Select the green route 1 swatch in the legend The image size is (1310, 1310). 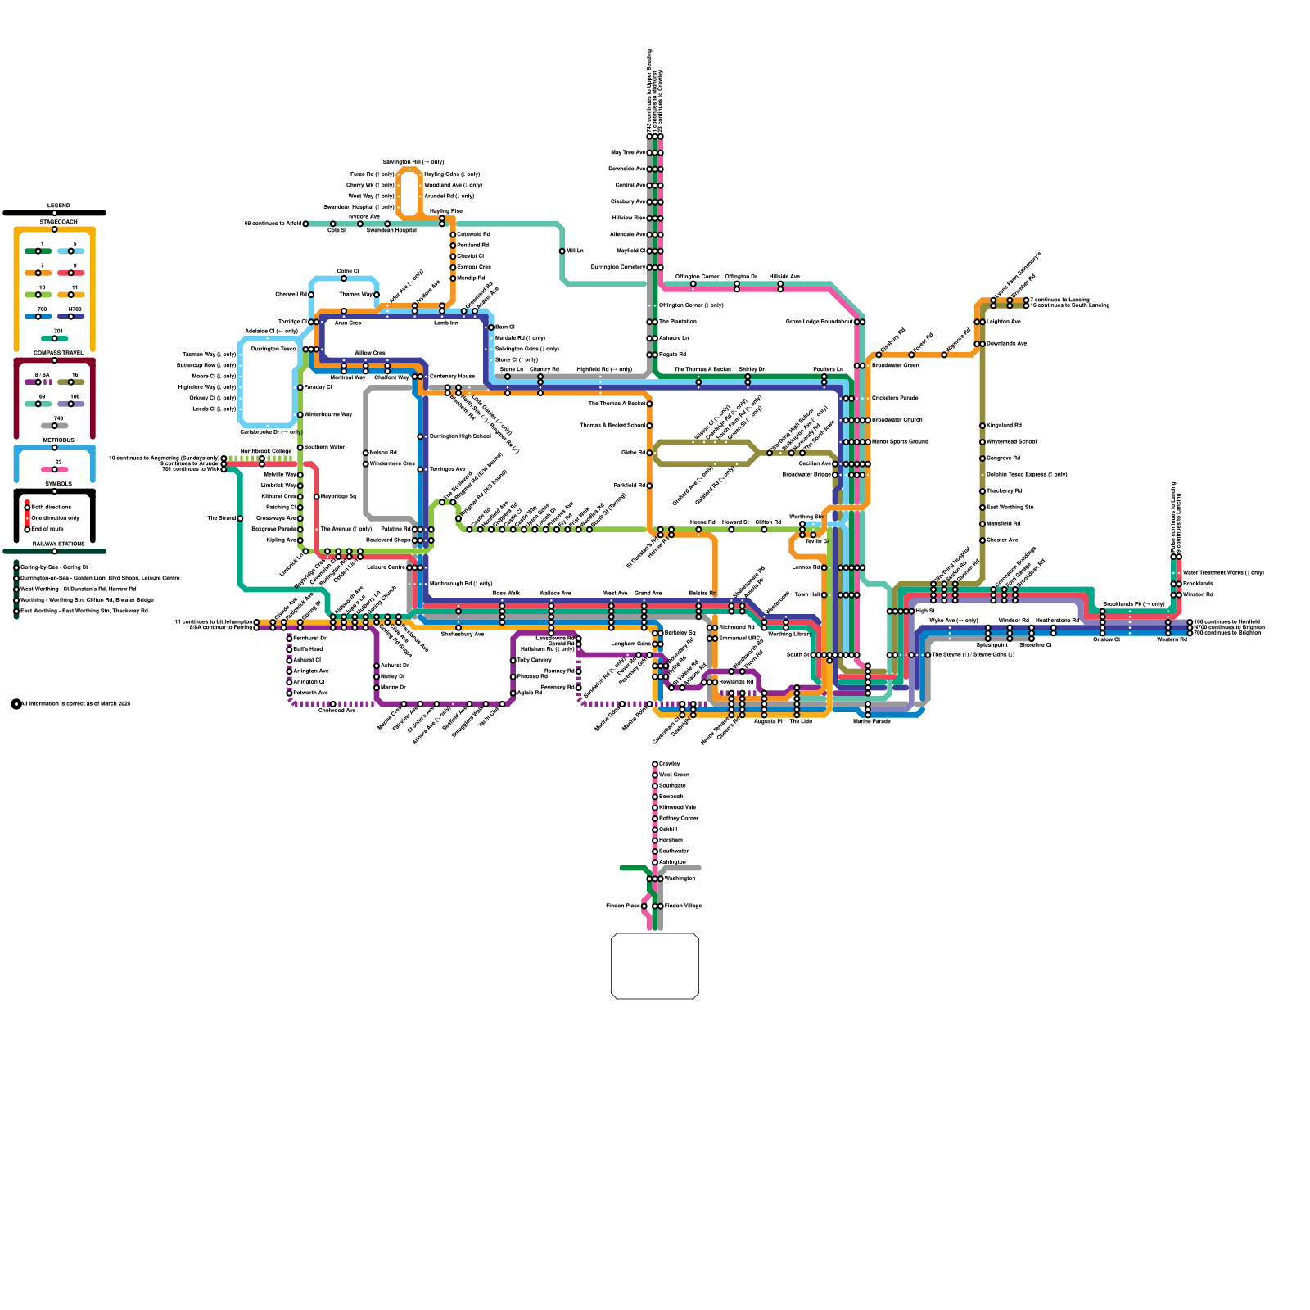[38, 251]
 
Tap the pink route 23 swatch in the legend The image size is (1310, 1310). [55, 469]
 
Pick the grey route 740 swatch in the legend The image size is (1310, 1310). [55, 426]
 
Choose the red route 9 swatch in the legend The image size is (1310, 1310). [71, 273]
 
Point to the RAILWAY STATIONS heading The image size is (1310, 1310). [58, 544]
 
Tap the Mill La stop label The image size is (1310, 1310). [576, 251]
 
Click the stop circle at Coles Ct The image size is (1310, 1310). [344, 278]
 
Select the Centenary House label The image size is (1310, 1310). [452, 376]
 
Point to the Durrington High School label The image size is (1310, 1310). [460, 436]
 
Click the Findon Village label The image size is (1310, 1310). [683, 906]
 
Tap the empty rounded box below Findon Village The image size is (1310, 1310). [655, 966]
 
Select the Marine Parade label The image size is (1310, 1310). [871, 721]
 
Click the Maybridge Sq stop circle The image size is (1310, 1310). [317, 497]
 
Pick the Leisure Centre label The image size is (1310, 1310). [386, 567]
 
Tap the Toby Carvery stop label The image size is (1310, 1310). [535, 660]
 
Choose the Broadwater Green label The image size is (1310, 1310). [896, 365]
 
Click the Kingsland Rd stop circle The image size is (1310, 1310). [982, 426]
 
